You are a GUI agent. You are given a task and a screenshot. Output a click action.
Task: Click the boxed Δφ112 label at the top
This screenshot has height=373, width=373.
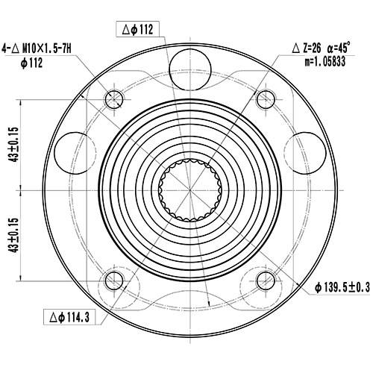click(x=137, y=30)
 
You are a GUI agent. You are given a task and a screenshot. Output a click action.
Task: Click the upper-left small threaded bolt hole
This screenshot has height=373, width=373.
click(x=114, y=98)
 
